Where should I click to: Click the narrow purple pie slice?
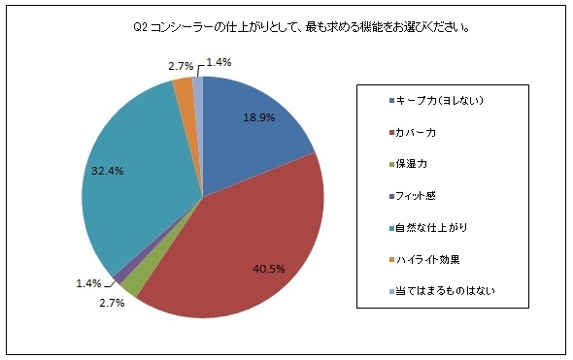120,279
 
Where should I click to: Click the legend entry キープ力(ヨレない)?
443,101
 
